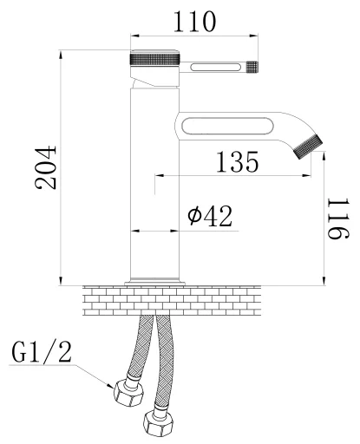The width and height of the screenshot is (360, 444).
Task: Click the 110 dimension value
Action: point(194,22)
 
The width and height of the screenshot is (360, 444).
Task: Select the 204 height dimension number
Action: point(46,167)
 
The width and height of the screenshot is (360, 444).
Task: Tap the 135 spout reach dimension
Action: point(237,162)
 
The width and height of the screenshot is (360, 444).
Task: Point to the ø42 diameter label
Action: point(210,216)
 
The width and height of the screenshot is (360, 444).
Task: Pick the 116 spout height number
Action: point(338,219)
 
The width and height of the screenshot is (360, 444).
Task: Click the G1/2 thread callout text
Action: point(42,352)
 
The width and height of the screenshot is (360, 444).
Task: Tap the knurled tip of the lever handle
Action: point(252,67)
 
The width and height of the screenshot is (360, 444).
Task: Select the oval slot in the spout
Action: point(227,126)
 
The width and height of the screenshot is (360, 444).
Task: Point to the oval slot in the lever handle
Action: point(215,68)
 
